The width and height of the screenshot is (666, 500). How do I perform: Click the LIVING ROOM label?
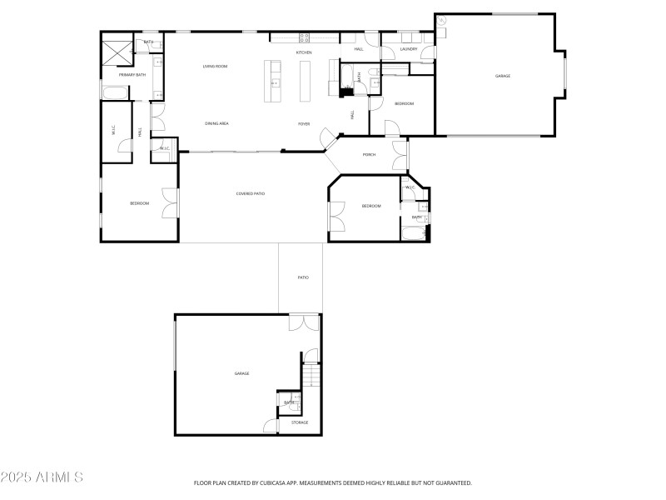216,67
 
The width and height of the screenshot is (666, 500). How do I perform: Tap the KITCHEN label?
304,53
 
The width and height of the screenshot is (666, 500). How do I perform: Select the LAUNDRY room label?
408,49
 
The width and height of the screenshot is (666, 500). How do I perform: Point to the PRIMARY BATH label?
132,75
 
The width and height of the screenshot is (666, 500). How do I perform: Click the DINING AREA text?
216,123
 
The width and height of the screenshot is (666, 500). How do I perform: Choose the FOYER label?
305,123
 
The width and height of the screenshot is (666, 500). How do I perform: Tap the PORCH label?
369,155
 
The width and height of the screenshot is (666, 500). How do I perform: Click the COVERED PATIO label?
251,193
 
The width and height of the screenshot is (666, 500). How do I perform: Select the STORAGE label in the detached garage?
300,422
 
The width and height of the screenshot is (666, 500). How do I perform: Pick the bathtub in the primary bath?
117,92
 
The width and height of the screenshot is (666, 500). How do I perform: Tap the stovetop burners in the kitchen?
305,37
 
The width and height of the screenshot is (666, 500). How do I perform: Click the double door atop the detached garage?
304,322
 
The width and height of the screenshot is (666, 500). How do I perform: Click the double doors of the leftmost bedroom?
171,202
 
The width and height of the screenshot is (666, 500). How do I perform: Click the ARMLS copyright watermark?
42,477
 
